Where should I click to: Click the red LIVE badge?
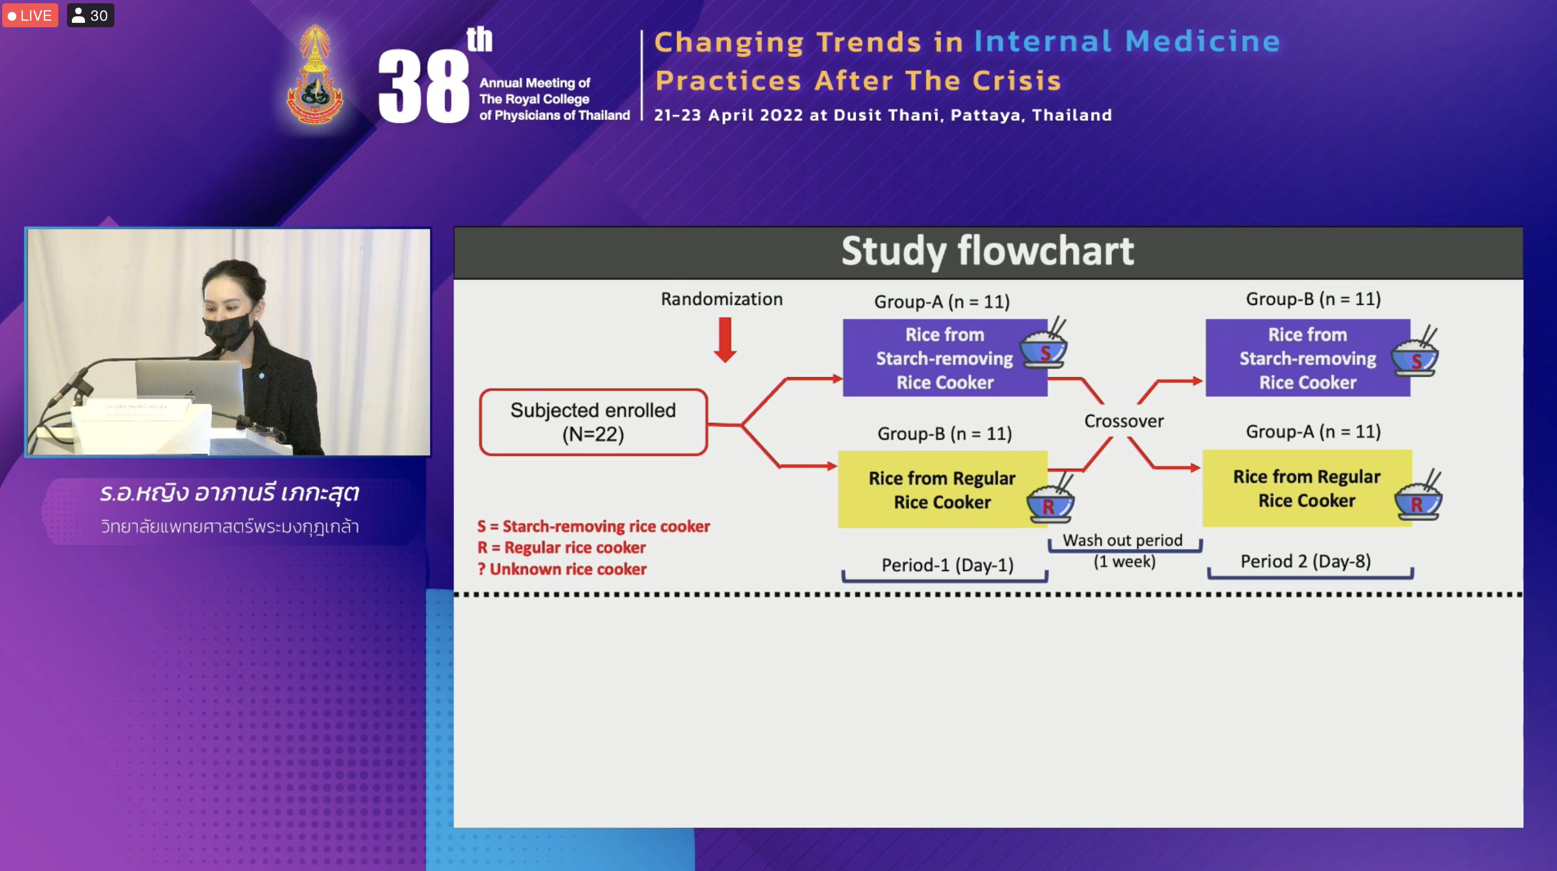click(x=30, y=15)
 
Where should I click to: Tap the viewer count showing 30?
click(x=90, y=15)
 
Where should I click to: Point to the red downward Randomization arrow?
click(x=725, y=340)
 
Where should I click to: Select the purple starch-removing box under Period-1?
click(x=945, y=358)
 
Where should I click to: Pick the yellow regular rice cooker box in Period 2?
click(x=1307, y=488)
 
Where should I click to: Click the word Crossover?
click(x=1124, y=421)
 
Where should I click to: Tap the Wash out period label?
click(x=1123, y=540)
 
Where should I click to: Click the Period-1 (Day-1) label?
click(x=947, y=565)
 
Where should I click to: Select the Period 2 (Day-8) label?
click(x=1305, y=561)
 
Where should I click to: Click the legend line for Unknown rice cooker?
click(x=562, y=569)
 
